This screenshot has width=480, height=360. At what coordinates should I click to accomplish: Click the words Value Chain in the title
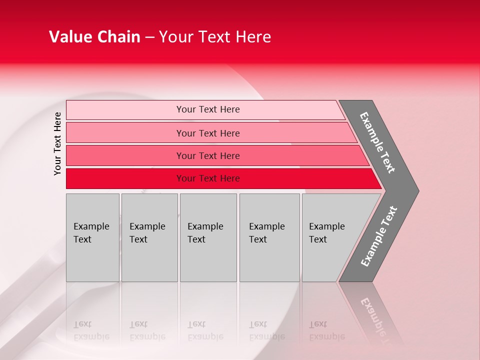pyautogui.click(x=94, y=37)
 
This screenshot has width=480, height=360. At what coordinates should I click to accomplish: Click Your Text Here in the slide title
pyautogui.click(x=215, y=37)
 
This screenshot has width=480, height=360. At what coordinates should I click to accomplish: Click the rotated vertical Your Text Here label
pyautogui.click(x=57, y=143)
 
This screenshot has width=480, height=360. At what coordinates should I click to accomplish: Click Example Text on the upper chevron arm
pyautogui.click(x=377, y=142)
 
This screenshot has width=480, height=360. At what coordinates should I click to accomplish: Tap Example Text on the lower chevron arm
pyautogui.click(x=379, y=236)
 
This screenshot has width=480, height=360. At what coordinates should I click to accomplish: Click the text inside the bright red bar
pyautogui.click(x=208, y=178)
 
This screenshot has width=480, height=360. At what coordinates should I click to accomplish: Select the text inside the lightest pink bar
pyautogui.click(x=208, y=109)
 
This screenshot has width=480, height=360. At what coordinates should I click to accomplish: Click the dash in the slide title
pyautogui.click(x=149, y=37)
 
